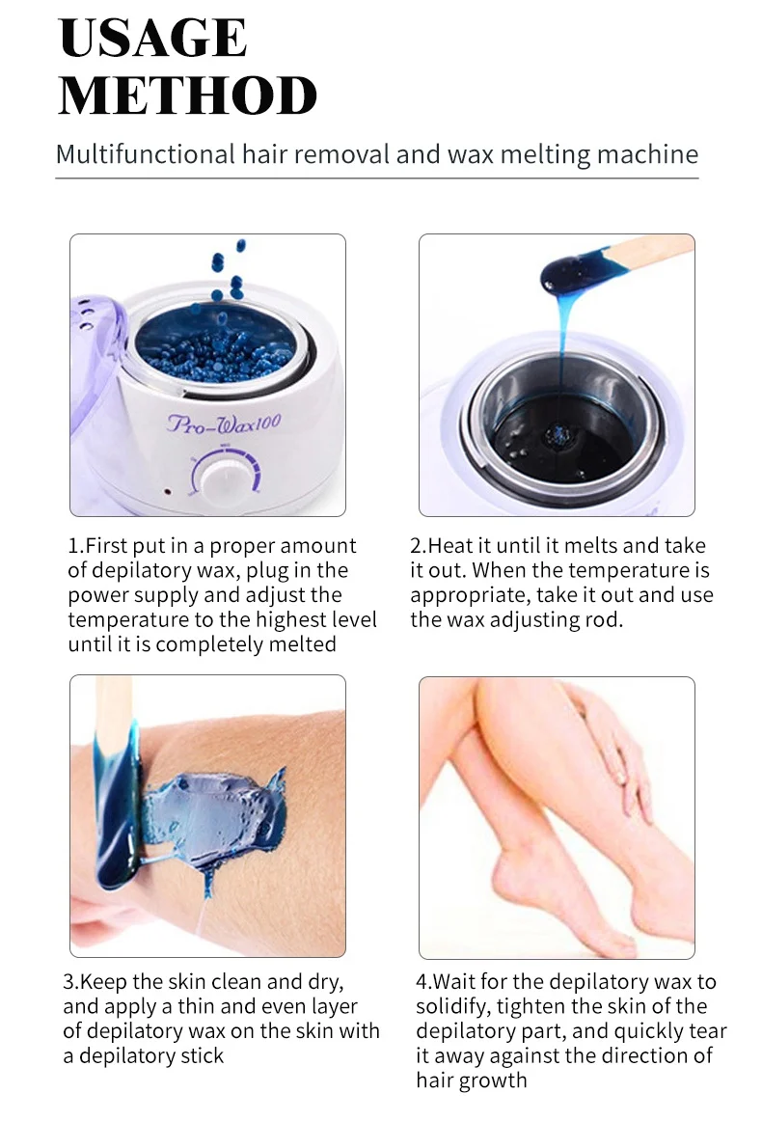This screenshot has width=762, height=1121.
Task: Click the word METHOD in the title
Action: (188, 96)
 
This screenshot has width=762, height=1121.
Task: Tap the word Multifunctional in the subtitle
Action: (145, 154)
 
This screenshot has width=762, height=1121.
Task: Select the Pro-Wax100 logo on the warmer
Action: (224, 424)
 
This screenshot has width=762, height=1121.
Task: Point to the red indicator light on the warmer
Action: (167, 492)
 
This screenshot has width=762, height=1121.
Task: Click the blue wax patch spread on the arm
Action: (214, 816)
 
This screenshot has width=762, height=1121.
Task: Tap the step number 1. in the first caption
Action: (76, 546)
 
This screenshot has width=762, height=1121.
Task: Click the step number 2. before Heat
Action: (419, 546)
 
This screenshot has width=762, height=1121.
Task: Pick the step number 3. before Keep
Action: (71, 981)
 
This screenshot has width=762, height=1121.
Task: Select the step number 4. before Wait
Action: (424, 981)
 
